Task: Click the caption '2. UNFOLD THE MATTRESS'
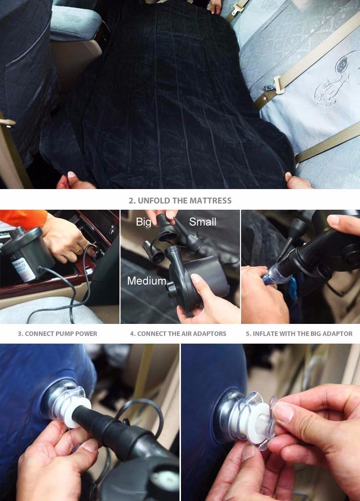pyautogui.click(x=180, y=201)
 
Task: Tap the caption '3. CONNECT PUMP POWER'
pyautogui.click(x=58, y=334)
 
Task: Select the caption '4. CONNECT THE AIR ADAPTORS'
pyautogui.click(x=178, y=334)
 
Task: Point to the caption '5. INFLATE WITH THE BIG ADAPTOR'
pyautogui.click(x=299, y=334)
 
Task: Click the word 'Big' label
pyautogui.click(x=144, y=222)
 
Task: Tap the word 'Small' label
pyautogui.click(x=203, y=222)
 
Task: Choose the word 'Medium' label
pyautogui.click(x=147, y=281)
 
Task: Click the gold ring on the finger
pyautogui.click(x=78, y=250)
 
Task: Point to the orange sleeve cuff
pyautogui.click(x=24, y=219)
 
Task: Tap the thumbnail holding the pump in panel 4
pyautogui.click(x=195, y=278)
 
